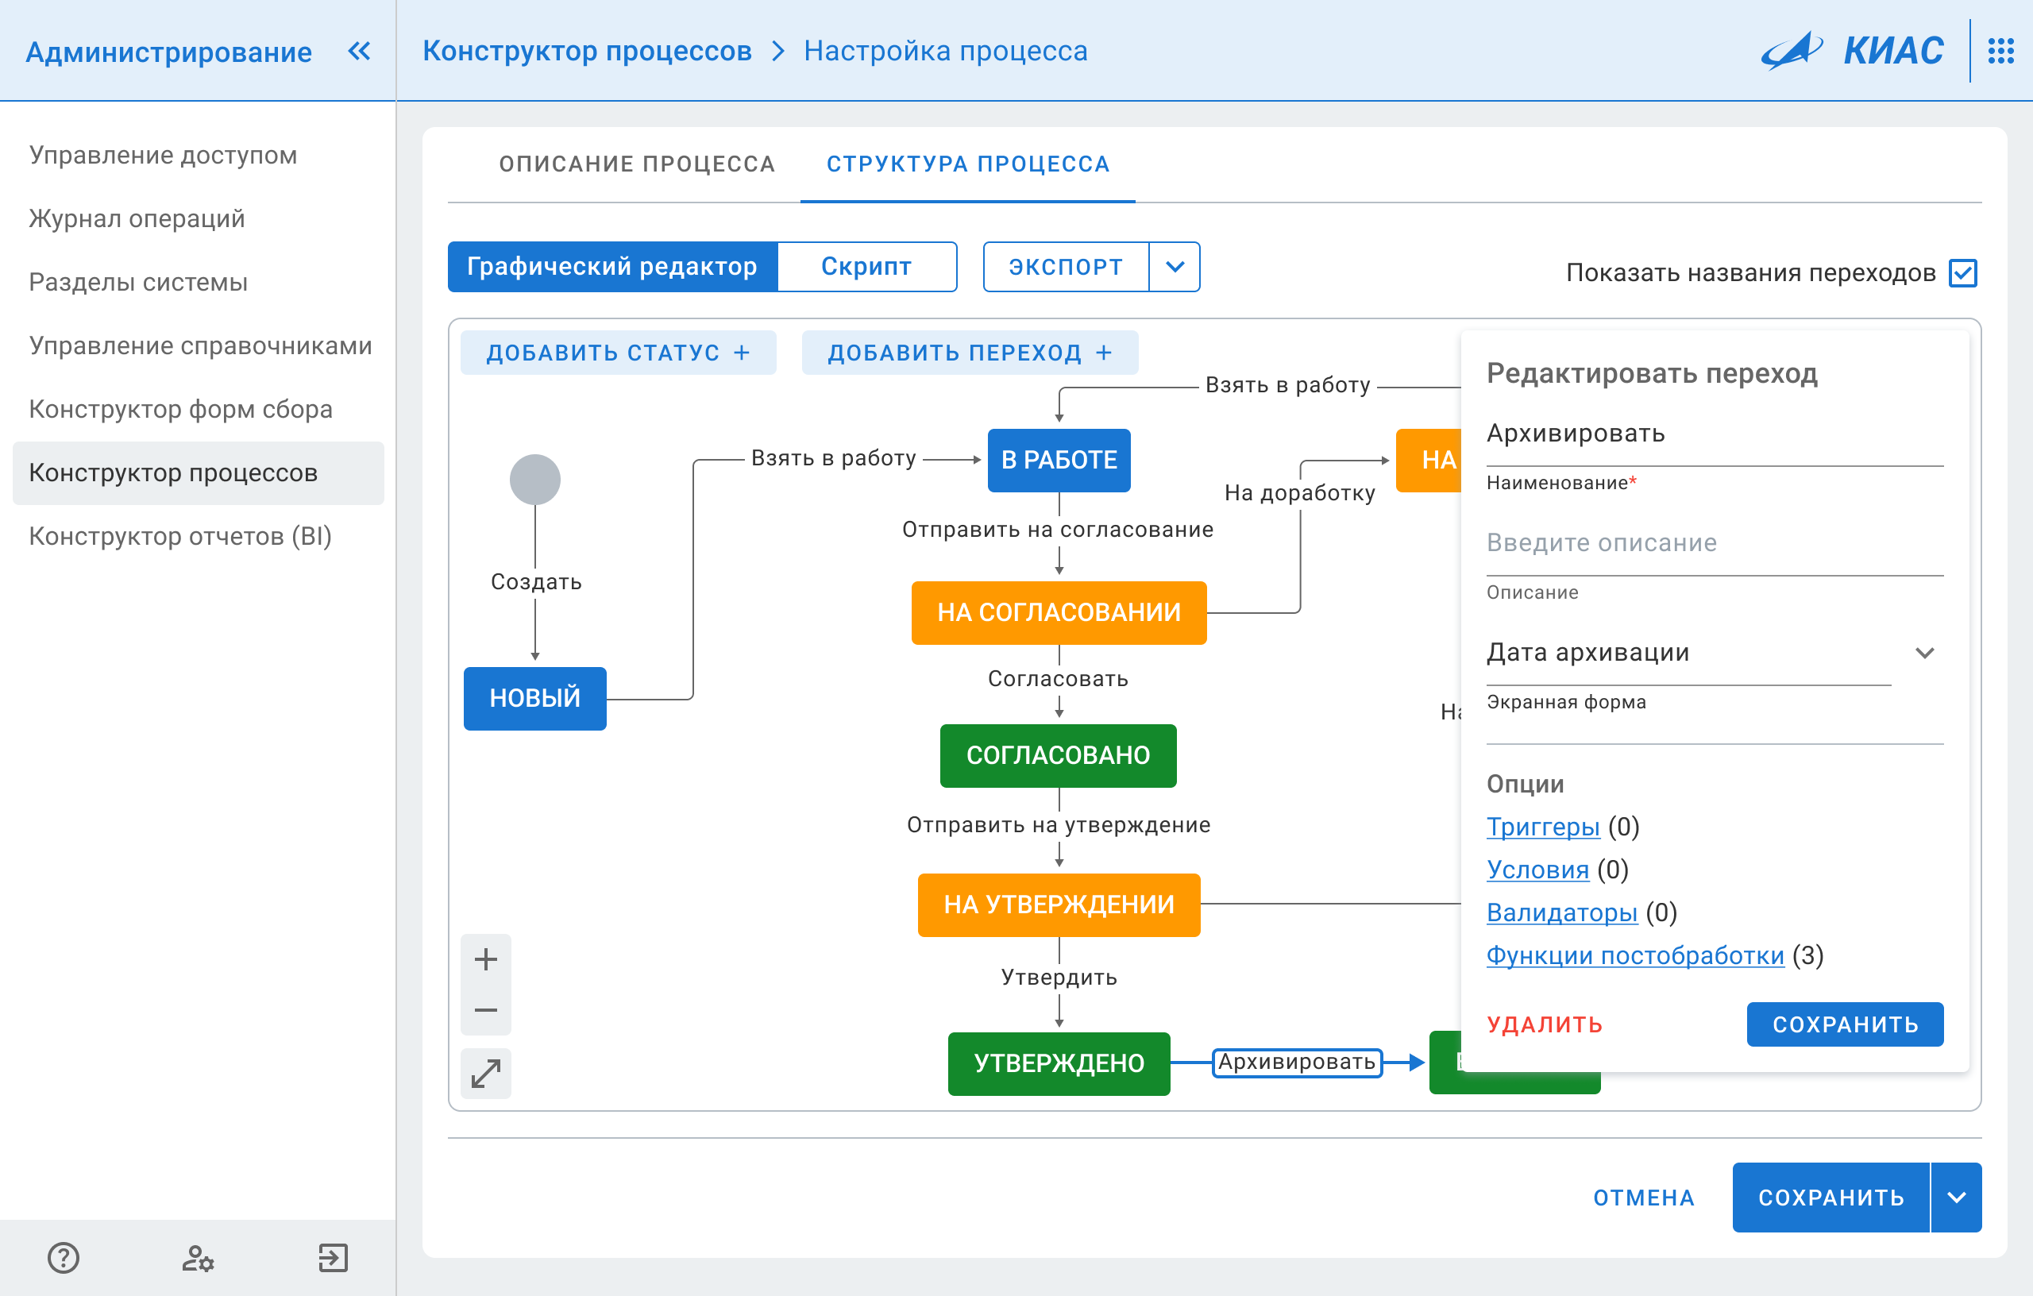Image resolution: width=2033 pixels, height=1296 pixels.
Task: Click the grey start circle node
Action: pyautogui.click(x=534, y=480)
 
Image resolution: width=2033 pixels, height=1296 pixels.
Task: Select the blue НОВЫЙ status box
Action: pyautogui.click(x=534, y=698)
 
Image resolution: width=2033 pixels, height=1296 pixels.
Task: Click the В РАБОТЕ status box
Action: pyautogui.click(x=1059, y=460)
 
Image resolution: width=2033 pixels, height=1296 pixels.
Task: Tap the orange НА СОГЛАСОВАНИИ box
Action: pyautogui.click(x=1059, y=613)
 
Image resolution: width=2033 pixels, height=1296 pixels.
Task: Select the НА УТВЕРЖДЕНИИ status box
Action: pyautogui.click(x=1059, y=905)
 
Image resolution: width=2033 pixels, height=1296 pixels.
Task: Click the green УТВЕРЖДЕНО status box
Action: pyautogui.click(x=1059, y=1064)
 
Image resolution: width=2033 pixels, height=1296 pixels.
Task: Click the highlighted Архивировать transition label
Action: pyautogui.click(x=1297, y=1062)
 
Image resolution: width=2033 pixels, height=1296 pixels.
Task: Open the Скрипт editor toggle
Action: pyautogui.click(x=866, y=267)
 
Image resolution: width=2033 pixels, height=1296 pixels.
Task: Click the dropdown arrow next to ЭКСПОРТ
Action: pyautogui.click(x=1175, y=267)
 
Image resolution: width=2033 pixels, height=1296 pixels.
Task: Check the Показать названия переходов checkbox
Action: pyautogui.click(x=1962, y=272)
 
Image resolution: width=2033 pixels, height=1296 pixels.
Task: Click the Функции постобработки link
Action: pyautogui.click(x=1634, y=956)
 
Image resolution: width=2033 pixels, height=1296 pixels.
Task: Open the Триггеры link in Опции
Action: pyautogui.click(x=1542, y=827)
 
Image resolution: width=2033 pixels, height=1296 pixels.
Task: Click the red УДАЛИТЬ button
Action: pyautogui.click(x=1544, y=1024)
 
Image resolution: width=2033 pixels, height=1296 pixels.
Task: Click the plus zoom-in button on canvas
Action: pyautogui.click(x=485, y=959)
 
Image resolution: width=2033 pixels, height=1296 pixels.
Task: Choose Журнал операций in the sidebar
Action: pyautogui.click(x=137, y=218)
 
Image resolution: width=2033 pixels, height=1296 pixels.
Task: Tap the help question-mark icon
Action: pyautogui.click(x=64, y=1258)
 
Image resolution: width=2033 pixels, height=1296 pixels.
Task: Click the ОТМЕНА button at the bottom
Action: pyautogui.click(x=1643, y=1198)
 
